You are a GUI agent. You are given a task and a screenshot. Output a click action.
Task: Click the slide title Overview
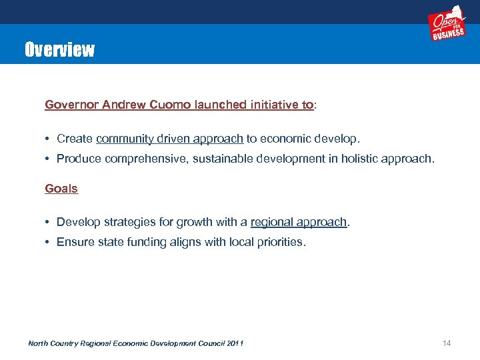59,49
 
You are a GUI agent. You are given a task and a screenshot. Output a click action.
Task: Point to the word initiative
274,105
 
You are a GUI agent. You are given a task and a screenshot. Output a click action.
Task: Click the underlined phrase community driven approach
169,139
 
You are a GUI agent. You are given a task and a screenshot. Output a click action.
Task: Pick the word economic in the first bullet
289,139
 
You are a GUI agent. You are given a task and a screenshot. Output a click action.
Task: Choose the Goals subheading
61,189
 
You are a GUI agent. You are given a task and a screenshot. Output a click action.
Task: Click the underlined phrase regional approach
299,222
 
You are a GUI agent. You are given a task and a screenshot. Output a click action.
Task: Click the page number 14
447,343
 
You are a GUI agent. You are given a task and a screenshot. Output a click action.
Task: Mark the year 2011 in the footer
235,343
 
